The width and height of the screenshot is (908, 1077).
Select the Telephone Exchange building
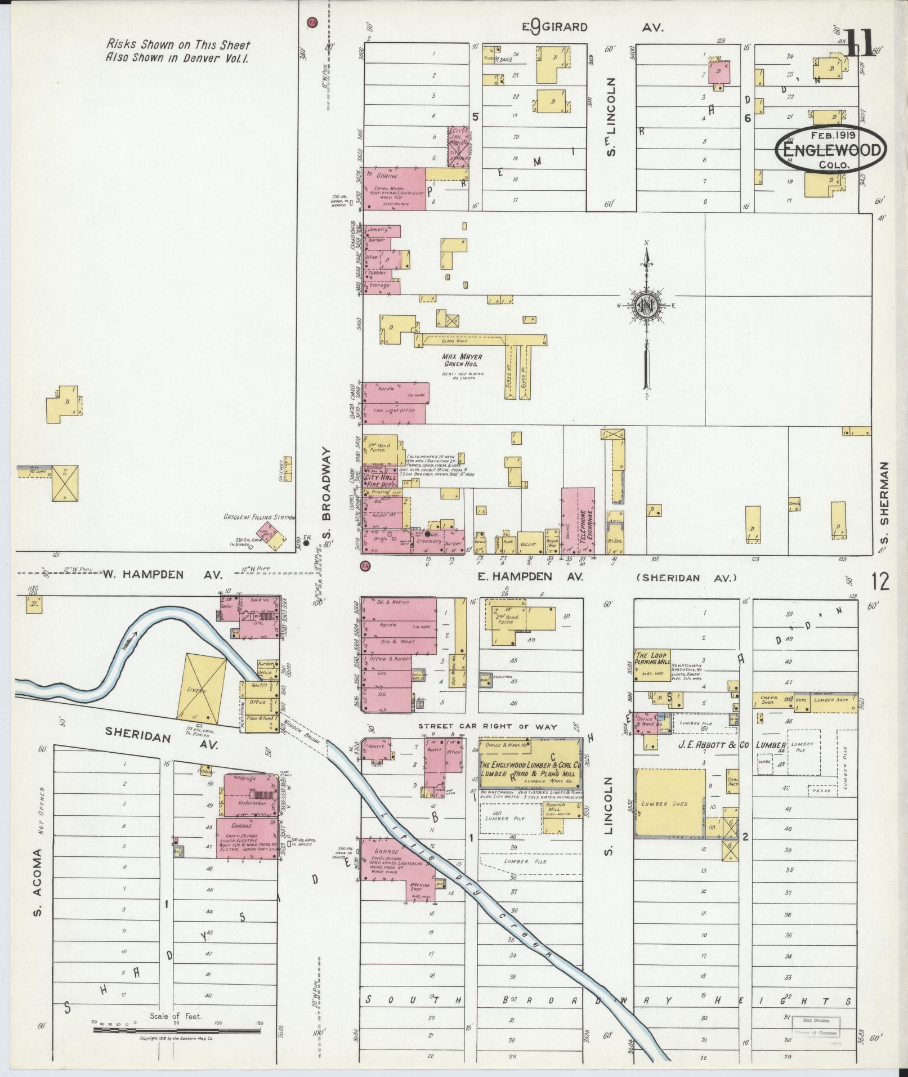coord(578,521)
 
